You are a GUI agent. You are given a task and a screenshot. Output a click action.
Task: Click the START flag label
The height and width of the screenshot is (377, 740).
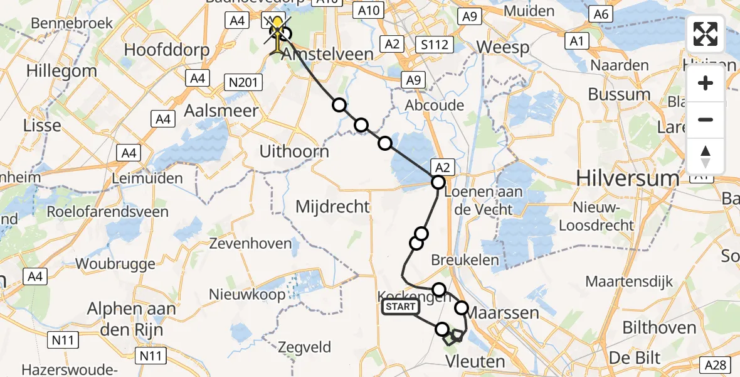(400, 307)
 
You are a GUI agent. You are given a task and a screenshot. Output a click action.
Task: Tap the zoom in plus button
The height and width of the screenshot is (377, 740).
(706, 83)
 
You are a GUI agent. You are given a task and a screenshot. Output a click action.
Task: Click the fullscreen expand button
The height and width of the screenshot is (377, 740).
(706, 34)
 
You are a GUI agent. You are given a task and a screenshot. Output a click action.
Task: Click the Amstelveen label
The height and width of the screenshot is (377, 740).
(328, 54)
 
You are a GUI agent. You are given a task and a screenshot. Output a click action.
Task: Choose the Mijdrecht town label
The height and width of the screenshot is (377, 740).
(332, 206)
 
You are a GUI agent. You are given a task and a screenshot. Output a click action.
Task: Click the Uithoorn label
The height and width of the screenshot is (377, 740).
(295, 151)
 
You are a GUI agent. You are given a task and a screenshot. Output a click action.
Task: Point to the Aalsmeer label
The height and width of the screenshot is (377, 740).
(213, 111)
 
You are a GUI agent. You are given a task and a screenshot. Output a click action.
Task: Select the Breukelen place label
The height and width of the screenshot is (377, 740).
(465, 260)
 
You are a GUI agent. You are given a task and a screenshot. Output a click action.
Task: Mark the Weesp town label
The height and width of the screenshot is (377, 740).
(503, 47)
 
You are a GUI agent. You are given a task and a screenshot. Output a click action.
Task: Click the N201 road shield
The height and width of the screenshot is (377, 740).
(242, 81)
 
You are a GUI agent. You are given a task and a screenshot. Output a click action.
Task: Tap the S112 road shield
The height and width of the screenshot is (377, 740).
(435, 44)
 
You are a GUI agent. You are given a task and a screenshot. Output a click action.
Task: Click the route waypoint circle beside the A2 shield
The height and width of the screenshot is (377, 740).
(438, 182)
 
